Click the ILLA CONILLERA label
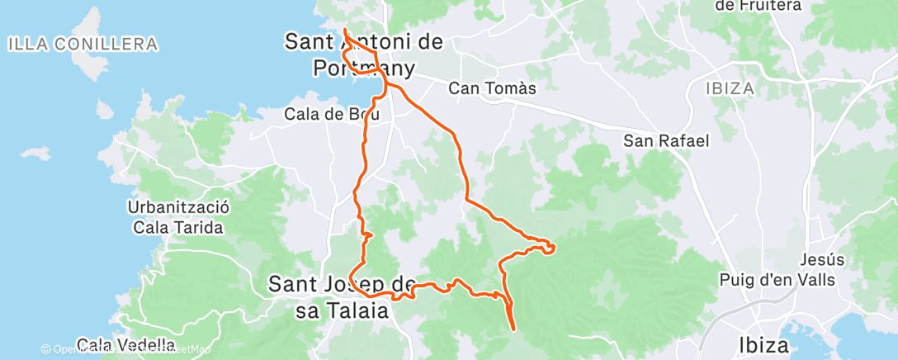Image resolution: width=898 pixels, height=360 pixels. pyautogui.click(x=83, y=44)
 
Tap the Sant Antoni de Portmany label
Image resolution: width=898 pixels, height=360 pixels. pyautogui.click(x=363, y=54)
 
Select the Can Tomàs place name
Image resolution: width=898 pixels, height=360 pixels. pyautogui.click(x=493, y=88)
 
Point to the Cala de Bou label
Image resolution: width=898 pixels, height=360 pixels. pyautogui.click(x=333, y=114)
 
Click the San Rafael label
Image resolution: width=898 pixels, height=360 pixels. pyautogui.click(x=666, y=140)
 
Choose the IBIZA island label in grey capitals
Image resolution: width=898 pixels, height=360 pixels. pyautogui.click(x=731, y=88)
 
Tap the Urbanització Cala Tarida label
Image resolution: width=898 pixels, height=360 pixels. pyautogui.click(x=178, y=217)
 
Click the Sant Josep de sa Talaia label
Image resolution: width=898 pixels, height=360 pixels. pyautogui.click(x=342, y=297)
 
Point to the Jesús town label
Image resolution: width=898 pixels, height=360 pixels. pyautogui.click(x=823, y=259)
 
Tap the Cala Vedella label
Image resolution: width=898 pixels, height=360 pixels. pyautogui.click(x=125, y=344)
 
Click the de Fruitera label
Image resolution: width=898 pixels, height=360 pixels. pyautogui.click(x=758, y=6)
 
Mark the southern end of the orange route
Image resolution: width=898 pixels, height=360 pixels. pyautogui.click(x=514, y=329)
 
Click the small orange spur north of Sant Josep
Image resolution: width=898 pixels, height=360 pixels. pyautogui.click(x=368, y=235)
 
